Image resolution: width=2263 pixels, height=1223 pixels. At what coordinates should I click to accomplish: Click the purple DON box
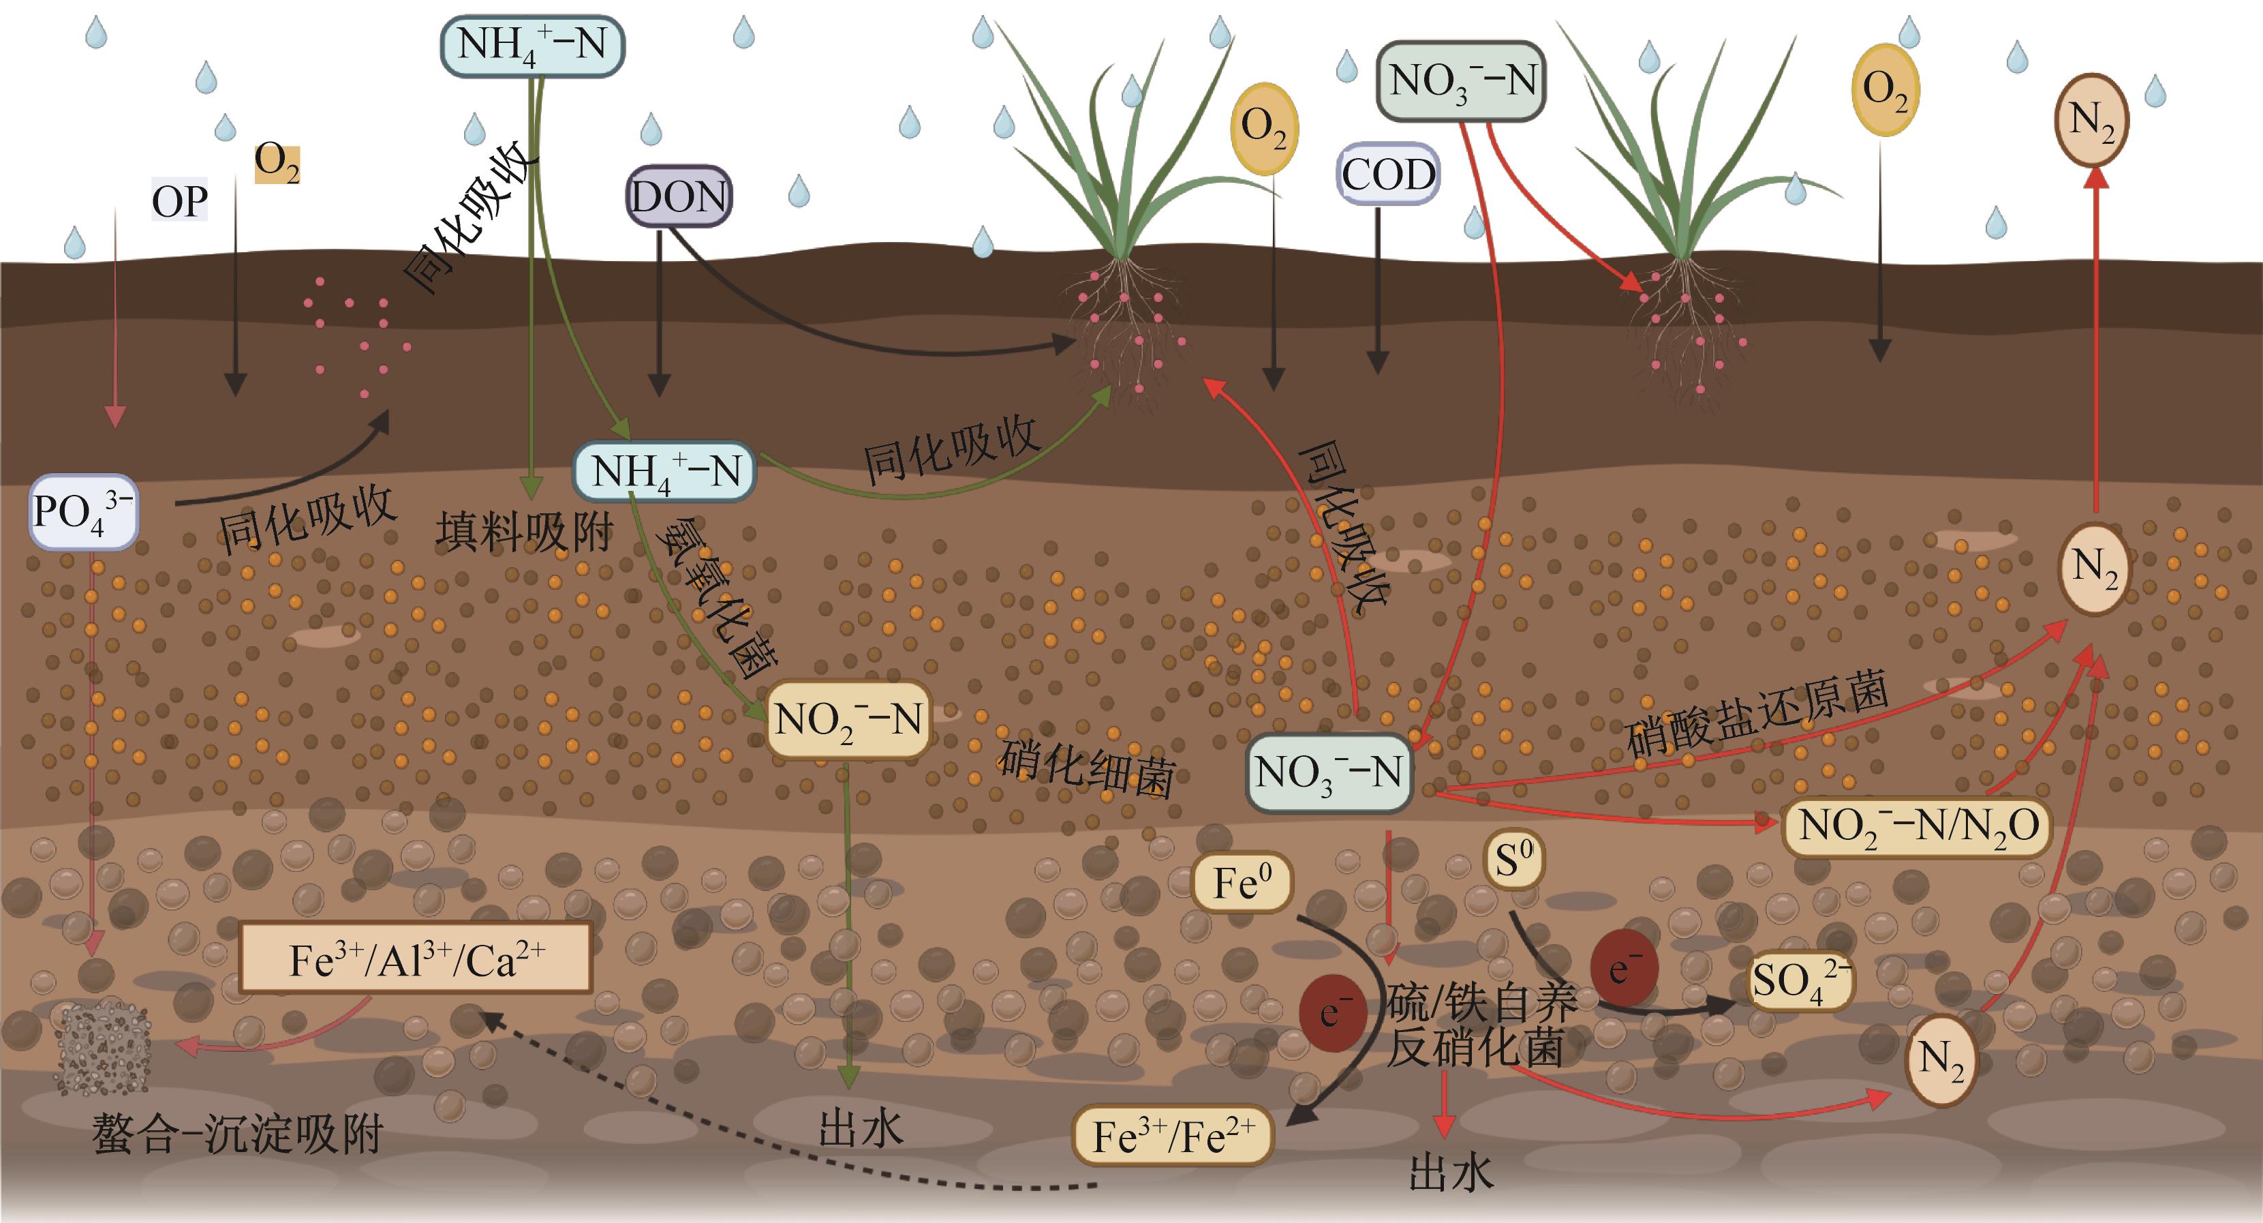tap(678, 196)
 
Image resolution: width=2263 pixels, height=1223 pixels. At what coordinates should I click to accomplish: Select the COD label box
tap(1388, 174)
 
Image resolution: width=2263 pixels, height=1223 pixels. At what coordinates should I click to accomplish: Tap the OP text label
tap(180, 201)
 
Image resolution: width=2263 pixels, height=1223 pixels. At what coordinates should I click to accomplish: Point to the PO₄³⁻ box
tap(82, 511)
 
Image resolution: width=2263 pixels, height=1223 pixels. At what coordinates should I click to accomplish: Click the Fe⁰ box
tap(1242, 882)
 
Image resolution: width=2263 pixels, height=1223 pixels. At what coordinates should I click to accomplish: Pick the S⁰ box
tap(1513, 859)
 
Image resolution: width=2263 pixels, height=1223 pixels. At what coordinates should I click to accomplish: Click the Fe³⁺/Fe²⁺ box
tap(1173, 1136)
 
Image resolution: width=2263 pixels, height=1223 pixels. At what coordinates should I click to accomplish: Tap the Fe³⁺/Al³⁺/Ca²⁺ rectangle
tap(416, 958)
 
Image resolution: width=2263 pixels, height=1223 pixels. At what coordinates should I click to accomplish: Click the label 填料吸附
tap(525, 532)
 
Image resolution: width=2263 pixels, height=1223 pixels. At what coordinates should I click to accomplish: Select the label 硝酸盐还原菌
tap(1757, 713)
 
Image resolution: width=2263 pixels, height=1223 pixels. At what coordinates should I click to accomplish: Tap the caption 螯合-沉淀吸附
tap(238, 1134)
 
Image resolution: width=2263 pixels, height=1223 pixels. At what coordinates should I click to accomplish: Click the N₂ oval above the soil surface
tap(2092, 119)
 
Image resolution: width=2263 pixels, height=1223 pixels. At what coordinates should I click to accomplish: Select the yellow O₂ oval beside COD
tap(1264, 128)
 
